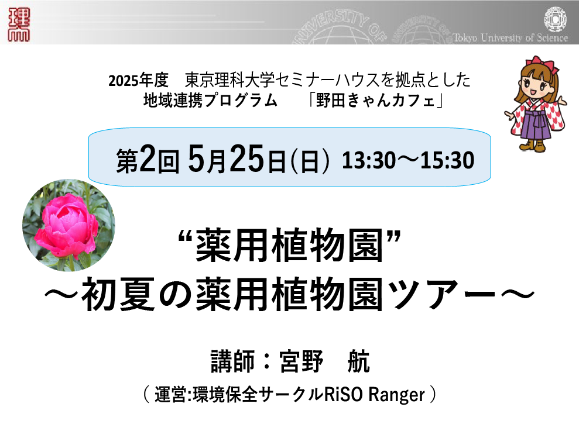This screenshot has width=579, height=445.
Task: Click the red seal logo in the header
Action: point(19,25)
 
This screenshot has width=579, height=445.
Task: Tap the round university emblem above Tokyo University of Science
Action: point(556,19)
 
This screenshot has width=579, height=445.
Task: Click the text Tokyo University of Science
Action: point(510,37)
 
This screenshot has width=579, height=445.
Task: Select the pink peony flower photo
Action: point(68,225)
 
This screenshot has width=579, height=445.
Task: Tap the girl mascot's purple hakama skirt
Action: point(536,125)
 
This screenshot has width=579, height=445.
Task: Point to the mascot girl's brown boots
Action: point(533,145)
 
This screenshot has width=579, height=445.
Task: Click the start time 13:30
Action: point(368,161)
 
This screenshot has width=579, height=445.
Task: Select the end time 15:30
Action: point(447,161)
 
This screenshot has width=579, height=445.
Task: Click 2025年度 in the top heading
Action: point(138,80)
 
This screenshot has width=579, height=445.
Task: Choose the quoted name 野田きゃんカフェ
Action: point(375,100)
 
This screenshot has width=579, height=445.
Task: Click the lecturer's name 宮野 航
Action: point(324,361)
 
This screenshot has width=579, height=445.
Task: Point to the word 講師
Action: point(232,361)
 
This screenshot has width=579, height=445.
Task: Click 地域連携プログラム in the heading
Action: point(210,100)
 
